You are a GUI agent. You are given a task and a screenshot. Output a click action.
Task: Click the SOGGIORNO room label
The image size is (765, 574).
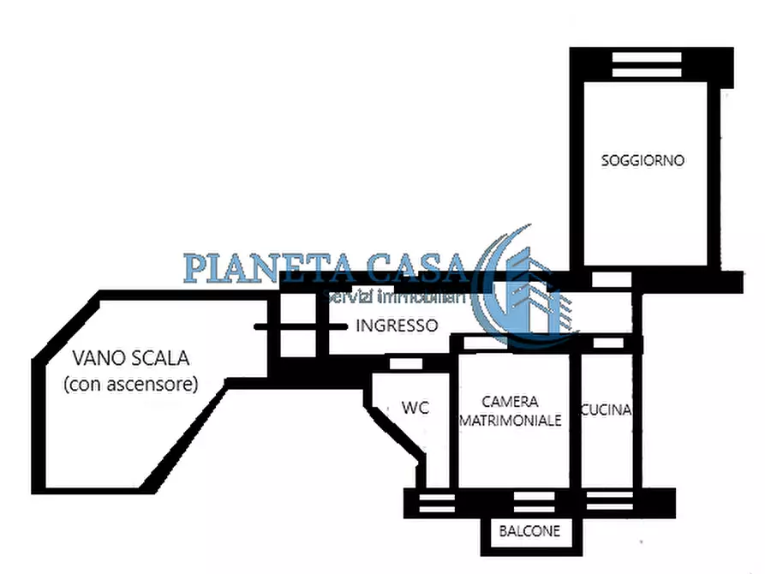click(642, 160)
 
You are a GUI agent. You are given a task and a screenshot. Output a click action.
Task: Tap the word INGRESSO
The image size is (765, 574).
click(397, 326)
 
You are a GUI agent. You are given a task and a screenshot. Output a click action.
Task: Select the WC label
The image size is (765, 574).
click(415, 408)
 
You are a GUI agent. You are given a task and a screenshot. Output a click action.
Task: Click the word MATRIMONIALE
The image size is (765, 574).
click(511, 420)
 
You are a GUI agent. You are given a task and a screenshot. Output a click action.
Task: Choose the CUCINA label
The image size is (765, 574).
click(606, 410)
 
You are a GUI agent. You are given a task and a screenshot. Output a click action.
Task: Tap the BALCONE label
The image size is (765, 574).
click(529, 531)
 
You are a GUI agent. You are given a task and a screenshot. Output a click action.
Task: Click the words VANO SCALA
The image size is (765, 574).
click(130, 357)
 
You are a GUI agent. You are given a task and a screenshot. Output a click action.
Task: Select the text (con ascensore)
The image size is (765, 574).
click(130, 384)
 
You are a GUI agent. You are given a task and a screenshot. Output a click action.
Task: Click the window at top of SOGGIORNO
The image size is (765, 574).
click(643, 65)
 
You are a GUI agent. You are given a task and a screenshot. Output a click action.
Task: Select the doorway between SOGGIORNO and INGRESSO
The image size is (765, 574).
click(612, 280)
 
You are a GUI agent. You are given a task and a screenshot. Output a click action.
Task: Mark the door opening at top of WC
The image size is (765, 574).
click(400, 364)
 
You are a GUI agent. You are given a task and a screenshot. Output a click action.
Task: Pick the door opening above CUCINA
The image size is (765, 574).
click(608, 343)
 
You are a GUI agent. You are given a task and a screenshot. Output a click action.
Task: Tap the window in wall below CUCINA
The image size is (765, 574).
click(607, 503)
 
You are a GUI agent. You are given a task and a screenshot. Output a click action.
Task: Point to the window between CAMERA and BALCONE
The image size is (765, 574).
click(530, 503)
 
